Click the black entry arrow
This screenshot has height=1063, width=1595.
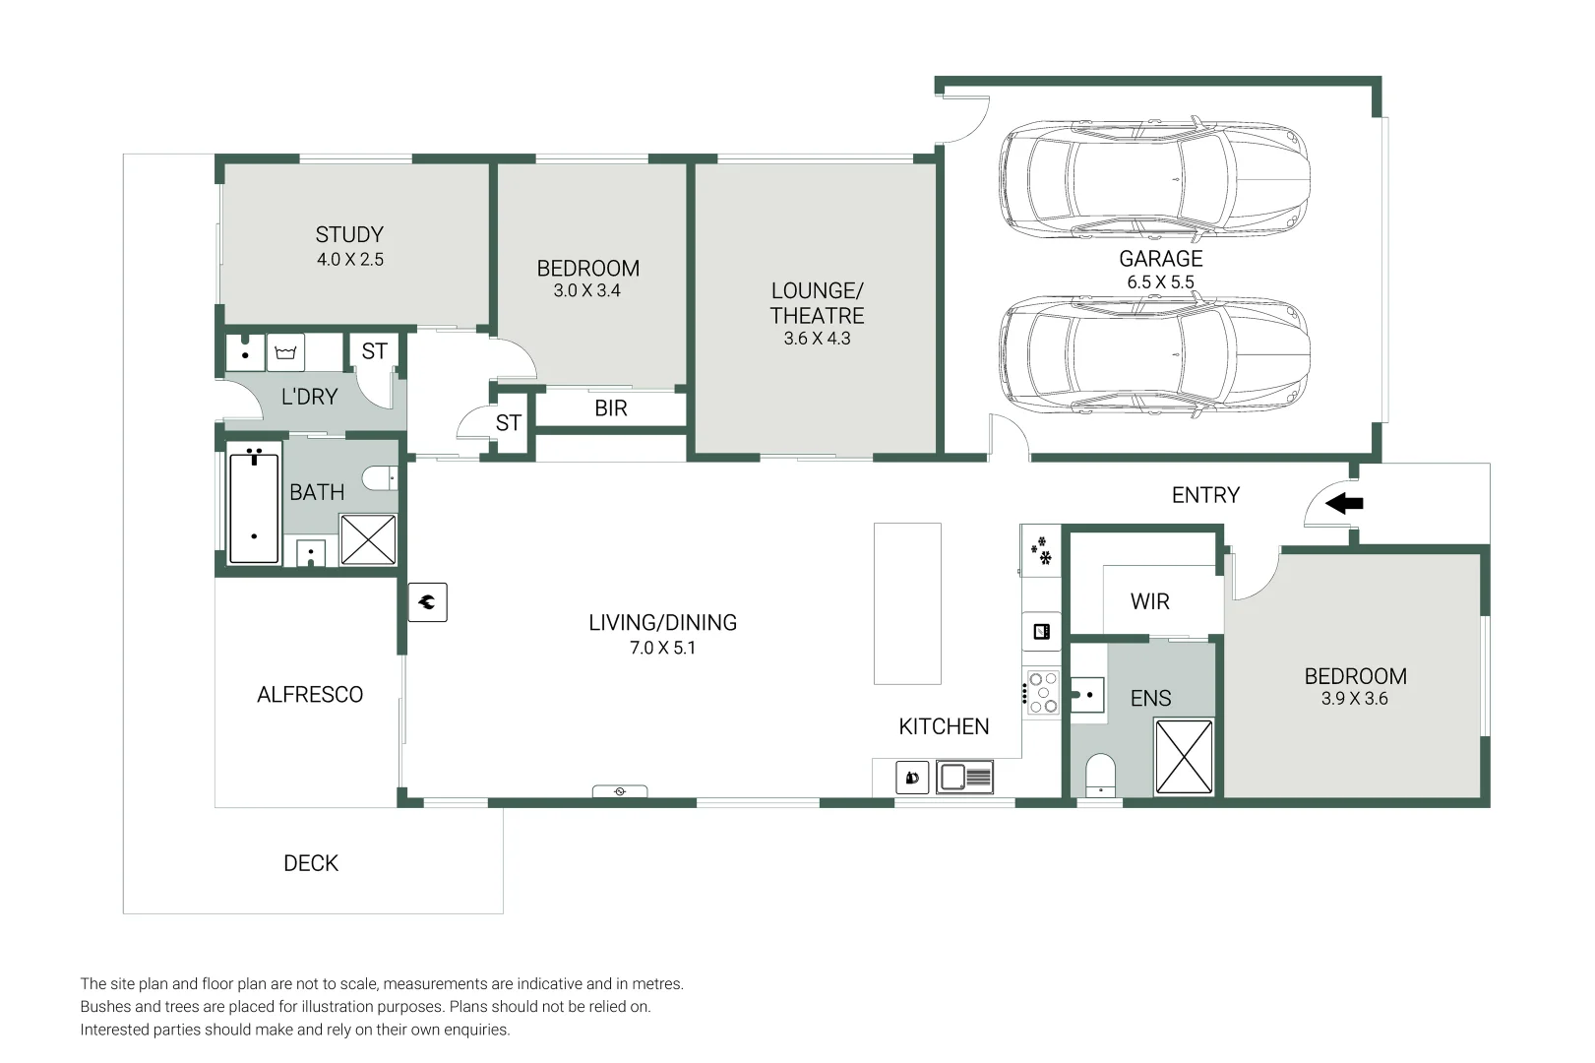[x=1344, y=504]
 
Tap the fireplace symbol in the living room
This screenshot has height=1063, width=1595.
[x=428, y=602]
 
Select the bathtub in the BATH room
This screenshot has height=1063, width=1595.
[x=254, y=508]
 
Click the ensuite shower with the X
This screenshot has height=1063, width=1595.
[x=1184, y=756]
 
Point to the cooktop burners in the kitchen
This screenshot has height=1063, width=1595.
[x=1043, y=692]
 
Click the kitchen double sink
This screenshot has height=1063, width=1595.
[x=964, y=778]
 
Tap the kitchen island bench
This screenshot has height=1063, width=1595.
[x=907, y=603]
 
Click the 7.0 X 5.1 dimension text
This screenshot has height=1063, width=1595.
[x=662, y=648]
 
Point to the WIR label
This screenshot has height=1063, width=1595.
[x=1149, y=601]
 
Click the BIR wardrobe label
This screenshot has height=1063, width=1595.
[x=610, y=408]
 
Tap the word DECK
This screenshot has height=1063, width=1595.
[x=311, y=863]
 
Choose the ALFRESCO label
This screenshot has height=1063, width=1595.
[x=310, y=695]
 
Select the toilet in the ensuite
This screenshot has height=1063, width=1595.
[x=1100, y=776]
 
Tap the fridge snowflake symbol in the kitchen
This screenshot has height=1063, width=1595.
[x=1040, y=550]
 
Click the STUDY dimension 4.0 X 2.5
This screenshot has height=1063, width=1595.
[x=350, y=260]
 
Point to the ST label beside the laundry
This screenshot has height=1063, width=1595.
[x=374, y=351]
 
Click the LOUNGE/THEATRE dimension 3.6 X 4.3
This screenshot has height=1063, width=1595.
[x=817, y=339]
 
